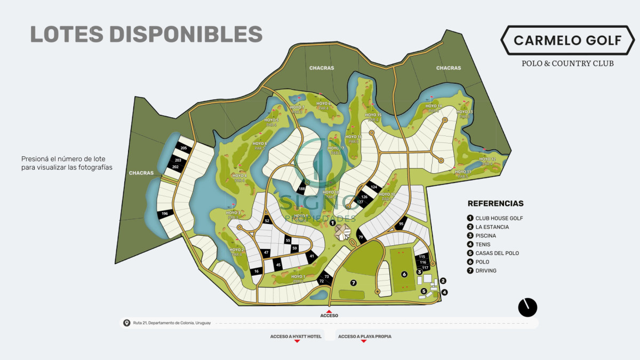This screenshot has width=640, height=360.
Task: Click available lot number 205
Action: (x=183, y=148)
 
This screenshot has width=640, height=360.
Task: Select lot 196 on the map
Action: (x=165, y=214)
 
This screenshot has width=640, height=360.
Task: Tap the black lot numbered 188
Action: (x=302, y=189)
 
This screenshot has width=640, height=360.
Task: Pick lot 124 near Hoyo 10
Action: (x=374, y=187)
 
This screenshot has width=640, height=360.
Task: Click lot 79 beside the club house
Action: (x=361, y=237)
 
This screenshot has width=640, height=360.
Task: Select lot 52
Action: (x=267, y=221)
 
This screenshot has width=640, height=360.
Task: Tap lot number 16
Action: (x=257, y=271)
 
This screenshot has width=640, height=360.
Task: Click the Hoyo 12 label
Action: (x=487, y=159)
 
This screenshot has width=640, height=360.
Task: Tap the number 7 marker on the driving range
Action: (x=353, y=282)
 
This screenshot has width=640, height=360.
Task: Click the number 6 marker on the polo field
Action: (x=404, y=274)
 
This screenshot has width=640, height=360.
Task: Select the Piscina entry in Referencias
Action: (x=486, y=236)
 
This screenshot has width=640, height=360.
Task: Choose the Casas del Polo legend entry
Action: (x=497, y=253)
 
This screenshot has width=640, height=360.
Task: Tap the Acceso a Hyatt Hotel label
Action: (x=296, y=337)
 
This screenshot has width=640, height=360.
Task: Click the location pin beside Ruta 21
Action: (x=127, y=323)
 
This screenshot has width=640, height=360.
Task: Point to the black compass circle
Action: (x=527, y=307)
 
